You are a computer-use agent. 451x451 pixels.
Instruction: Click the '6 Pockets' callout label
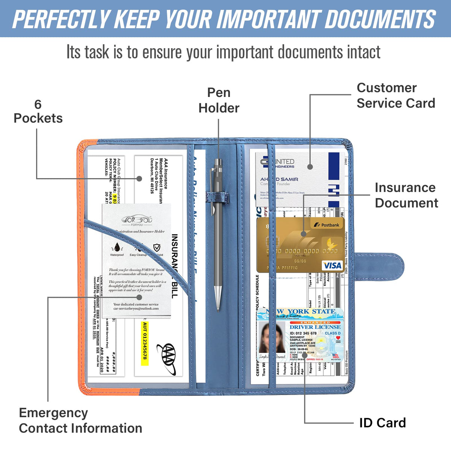(x=38, y=112)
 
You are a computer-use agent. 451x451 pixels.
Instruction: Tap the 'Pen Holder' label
(x=219, y=100)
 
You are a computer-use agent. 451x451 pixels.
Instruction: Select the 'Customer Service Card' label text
(x=395, y=95)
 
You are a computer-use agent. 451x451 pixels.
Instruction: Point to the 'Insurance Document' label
(x=406, y=195)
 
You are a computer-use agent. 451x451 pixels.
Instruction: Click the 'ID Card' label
(x=382, y=423)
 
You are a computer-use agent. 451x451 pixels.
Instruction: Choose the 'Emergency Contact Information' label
(x=80, y=420)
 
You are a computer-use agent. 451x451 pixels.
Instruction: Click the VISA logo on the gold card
(x=332, y=266)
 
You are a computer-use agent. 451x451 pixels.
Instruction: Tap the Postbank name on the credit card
(x=330, y=225)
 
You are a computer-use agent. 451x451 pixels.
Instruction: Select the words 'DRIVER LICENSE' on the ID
(x=315, y=327)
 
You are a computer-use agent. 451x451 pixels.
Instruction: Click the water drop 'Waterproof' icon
(x=117, y=248)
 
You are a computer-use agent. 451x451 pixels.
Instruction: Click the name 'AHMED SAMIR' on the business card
(x=279, y=179)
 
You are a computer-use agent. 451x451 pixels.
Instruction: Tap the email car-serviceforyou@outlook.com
(x=136, y=309)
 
